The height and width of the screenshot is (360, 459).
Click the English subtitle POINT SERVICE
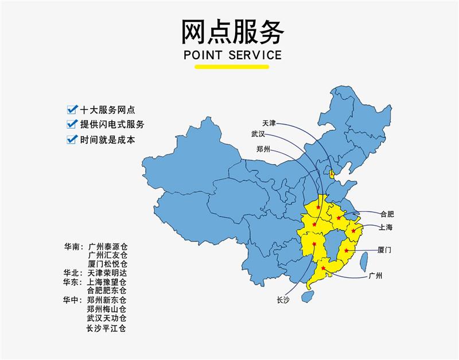pos(232,55)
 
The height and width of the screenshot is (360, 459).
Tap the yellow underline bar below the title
pos(232,67)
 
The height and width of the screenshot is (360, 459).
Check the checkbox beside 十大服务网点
pos(72,109)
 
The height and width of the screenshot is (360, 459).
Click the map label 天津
pos(269,123)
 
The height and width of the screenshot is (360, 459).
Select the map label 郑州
pos(263,150)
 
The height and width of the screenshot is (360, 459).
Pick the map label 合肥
pos(387,214)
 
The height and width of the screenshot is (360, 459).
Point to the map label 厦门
pos(385,250)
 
